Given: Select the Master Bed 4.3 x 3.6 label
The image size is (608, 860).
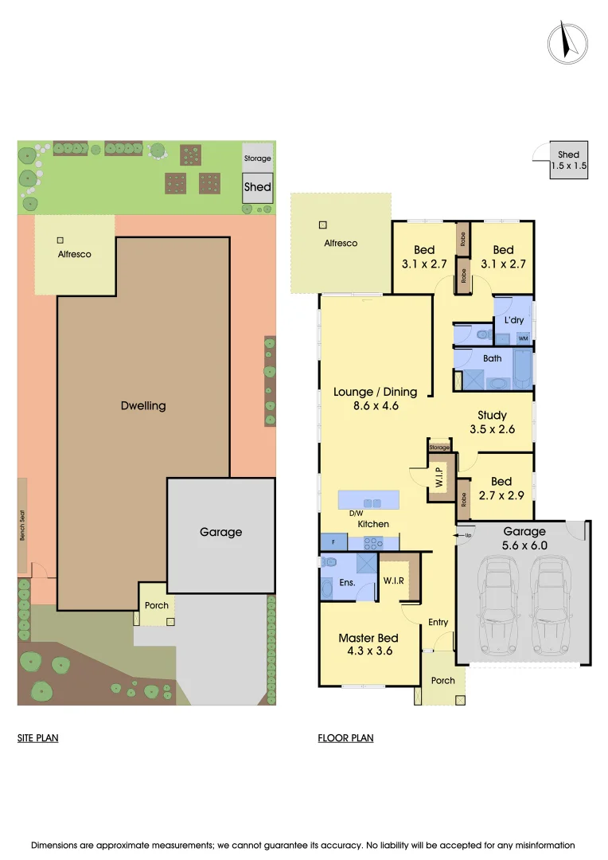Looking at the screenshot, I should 368,643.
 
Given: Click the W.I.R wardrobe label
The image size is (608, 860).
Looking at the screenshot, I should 394,580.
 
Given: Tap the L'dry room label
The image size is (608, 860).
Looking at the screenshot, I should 513,319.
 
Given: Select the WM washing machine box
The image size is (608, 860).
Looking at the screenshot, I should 523,338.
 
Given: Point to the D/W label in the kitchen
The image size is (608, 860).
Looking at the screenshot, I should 356,514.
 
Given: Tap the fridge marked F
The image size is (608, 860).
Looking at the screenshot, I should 332,542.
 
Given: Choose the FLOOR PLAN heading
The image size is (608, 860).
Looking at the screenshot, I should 345,738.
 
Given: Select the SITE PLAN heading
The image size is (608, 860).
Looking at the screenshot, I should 38,738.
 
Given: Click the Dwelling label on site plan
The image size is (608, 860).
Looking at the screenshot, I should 143,405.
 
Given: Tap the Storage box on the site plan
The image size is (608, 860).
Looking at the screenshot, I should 257,158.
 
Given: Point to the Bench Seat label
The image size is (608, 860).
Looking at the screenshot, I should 23,526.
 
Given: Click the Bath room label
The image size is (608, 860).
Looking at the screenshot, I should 492,358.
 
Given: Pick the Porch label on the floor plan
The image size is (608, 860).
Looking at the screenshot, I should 442,680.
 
